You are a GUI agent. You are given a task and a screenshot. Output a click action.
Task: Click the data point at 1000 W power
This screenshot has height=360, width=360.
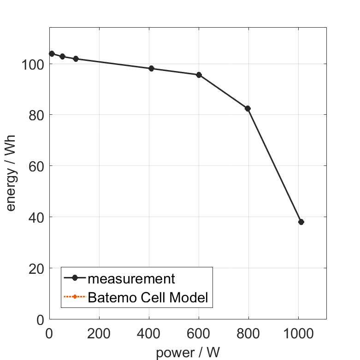[301, 222]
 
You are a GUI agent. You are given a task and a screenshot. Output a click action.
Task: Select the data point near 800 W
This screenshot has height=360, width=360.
[248, 108]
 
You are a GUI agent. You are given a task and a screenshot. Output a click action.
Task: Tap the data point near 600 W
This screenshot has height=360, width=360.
[199, 75]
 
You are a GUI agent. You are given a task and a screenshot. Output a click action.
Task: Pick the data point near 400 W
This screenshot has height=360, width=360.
[151, 69]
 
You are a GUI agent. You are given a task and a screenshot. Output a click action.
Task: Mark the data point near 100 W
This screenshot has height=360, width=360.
[76, 59]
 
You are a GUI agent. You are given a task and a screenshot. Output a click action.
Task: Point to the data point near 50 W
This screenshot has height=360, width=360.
[62, 56]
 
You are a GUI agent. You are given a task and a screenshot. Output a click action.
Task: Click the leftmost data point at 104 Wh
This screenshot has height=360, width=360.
[52, 53]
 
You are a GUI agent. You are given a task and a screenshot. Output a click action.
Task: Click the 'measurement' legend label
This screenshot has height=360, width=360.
[131, 278]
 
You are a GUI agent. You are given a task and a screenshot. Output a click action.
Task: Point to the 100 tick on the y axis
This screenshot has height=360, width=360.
[33, 64]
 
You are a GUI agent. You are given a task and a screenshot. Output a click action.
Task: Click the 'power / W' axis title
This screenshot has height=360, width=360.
[188, 352]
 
